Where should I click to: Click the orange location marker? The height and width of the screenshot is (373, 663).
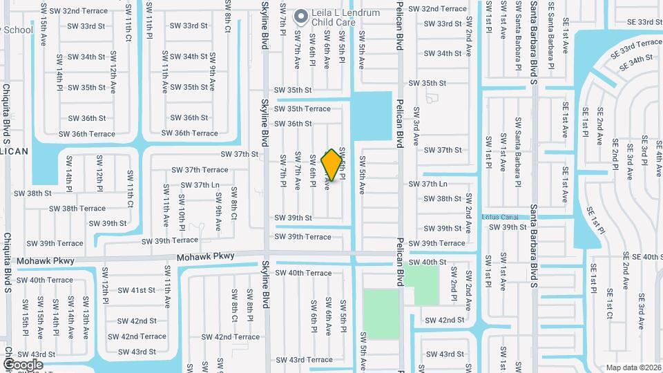click(332, 165)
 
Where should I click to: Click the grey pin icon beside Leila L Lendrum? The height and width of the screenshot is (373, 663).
click(300, 15)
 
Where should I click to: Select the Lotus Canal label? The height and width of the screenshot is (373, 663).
click(500, 216)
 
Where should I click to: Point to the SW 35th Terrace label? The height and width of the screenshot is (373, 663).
click(304, 108)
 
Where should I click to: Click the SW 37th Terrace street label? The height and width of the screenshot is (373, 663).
click(200, 170)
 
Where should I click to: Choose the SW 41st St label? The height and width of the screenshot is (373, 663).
click(136, 290)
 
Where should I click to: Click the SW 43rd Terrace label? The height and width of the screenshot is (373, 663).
click(304, 359)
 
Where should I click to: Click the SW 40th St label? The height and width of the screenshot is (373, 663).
click(427, 262)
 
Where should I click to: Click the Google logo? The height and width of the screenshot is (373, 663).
click(23, 364)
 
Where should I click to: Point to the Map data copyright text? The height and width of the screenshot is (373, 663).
click(633, 367)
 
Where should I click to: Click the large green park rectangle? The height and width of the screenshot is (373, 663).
click(381, 314)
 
